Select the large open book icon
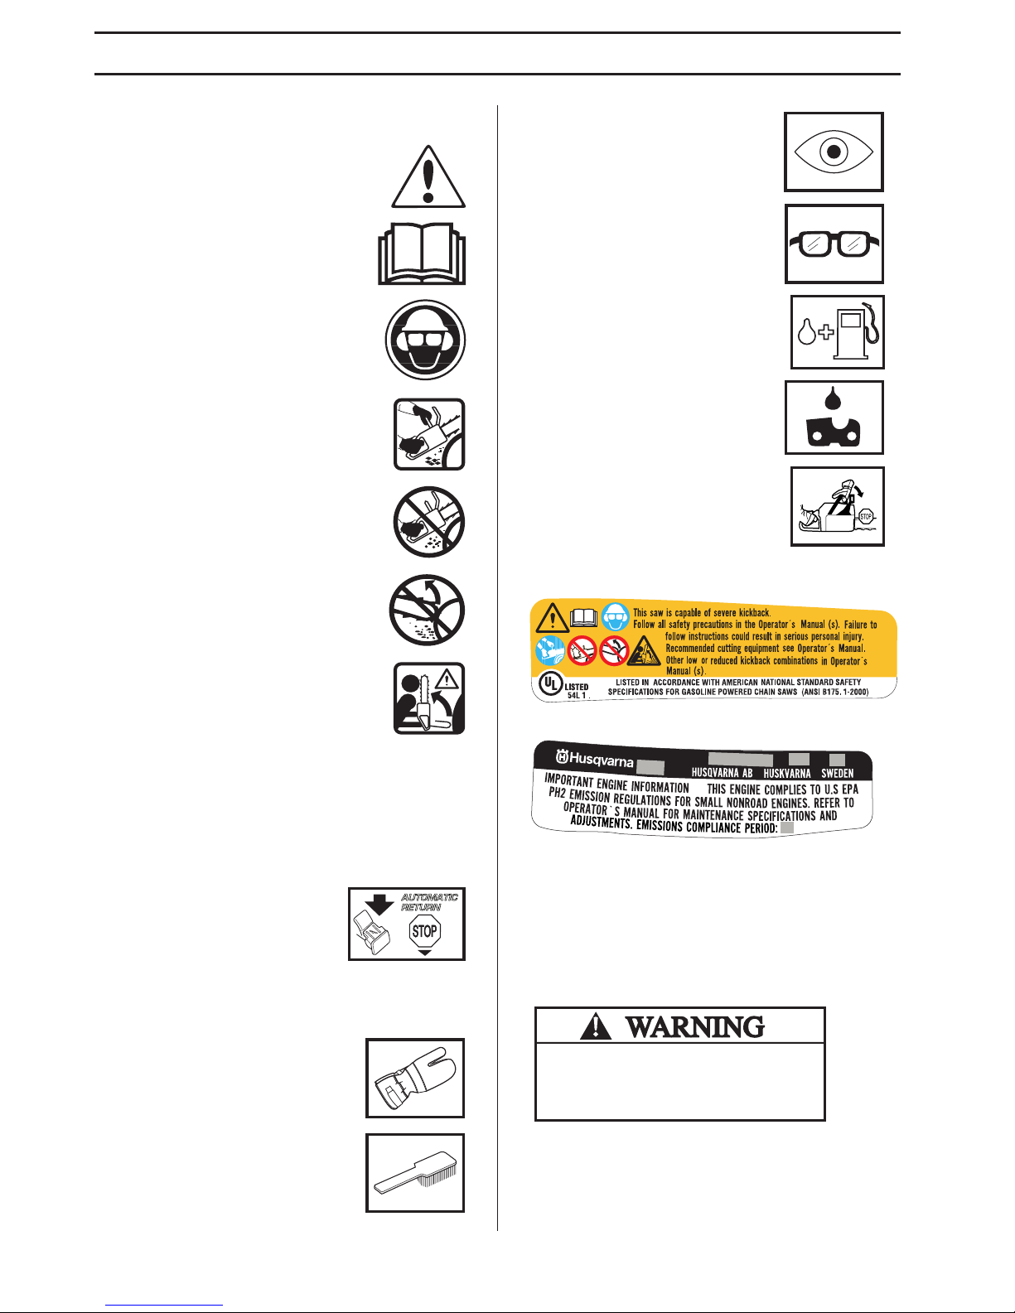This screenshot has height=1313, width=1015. coord(423,255)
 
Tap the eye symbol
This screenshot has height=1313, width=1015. coord(834,152)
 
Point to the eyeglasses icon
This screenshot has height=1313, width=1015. coord(834,244)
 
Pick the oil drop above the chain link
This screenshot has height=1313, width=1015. coord(834,398)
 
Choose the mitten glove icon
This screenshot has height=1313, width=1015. coord(415,1078)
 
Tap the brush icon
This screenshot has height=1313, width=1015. coord(415,1173)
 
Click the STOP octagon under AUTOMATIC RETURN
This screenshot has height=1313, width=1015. coord(424,931)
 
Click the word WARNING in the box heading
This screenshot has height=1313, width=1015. coord(694,1027)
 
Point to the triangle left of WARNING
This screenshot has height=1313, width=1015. coord(595,1027)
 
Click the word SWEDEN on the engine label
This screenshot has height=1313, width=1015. coord(837,774)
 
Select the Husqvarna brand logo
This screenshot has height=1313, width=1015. coord(594,759)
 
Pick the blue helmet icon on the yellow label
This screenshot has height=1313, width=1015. coord(615,618)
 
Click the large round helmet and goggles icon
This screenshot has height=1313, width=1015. coord(426,340)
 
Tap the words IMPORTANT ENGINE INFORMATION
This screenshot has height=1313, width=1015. coord(616,782)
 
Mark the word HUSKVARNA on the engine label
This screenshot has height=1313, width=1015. coord(786,774)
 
